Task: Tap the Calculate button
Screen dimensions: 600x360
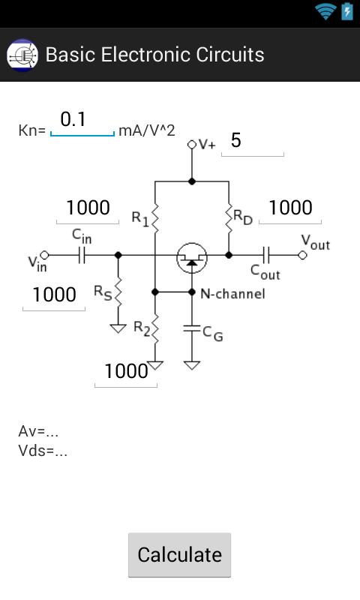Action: pos(179,555)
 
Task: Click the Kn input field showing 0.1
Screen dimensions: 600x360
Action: pos(82,121)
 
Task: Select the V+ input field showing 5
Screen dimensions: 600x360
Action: pos(252,142)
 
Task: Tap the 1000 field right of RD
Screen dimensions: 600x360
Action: pos(290,208)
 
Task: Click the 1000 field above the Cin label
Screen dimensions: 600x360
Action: pos(88,208)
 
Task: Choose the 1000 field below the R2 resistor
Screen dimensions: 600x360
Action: pos(125,371)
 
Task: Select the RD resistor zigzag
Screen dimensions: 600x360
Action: pos(228,217)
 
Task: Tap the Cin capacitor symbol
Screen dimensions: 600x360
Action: pos(81,255)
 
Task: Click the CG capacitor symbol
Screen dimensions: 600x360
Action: pos(192,328)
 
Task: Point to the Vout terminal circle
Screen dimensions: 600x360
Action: pos(303,255)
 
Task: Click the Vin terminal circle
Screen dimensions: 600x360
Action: pos(44,255)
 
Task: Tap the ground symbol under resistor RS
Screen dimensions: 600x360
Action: pos(118,328)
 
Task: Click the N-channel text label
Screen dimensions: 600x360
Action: pos(232,294)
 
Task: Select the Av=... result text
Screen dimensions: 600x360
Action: pos(38,431)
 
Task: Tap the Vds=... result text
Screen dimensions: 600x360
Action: pos(43,451)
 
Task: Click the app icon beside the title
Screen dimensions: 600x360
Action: pos(22,55)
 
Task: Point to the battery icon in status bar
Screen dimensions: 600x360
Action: pos(347,11)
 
